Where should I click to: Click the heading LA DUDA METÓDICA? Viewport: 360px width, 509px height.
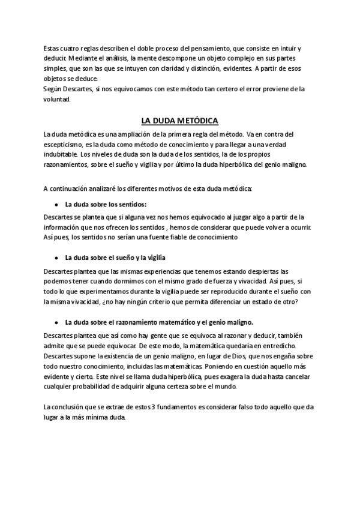click(180, 119)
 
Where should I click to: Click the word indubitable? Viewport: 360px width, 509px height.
click(61, 154)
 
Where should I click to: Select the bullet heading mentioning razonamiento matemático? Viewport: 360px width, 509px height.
click(158, 320)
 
